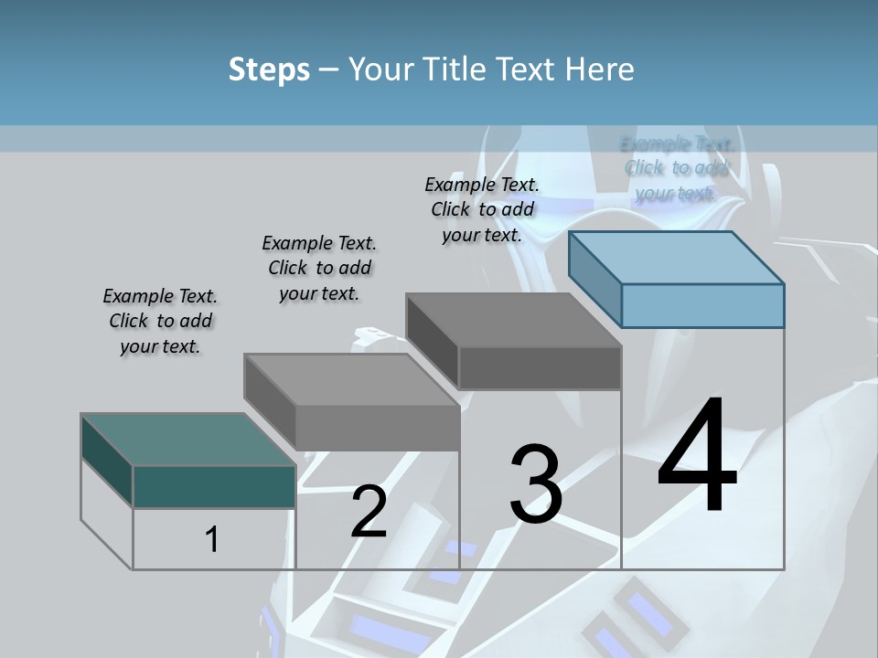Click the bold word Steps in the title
pyautogui.click(x=269, y=69)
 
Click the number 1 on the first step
pyautogui.click(x=212, y=539)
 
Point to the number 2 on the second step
pyautogui.click(x=369, y=512)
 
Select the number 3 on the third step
pyautogui.click(x=536, y=484)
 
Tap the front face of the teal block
pyautogui.click(x=214, y=487)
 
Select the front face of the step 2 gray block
pyautogui.click(x=378, y=428)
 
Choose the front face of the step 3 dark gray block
pyautogui.click(x=540, y=368)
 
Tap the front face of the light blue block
pyautogui.click(x=702, y=305)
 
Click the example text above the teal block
pyautogui.click(x=160, y=321)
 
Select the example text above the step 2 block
pyautogui.click(x=319, y=268)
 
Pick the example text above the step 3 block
pyautogui.click(x=482, y=209)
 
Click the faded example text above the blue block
pyautogui.click(x=676, y=168)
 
